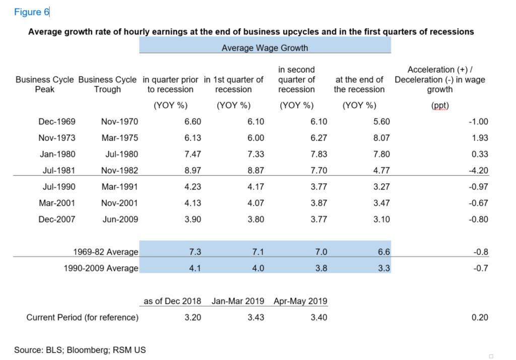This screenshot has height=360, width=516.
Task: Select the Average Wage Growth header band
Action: tap(265, 48)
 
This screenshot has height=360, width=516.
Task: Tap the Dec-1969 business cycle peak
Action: tap(57, 122)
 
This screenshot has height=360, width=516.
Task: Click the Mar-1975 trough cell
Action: tap(120, 138)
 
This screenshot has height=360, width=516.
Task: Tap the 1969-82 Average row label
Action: tap(105, 252)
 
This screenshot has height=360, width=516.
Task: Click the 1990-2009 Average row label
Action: tap(101, 268)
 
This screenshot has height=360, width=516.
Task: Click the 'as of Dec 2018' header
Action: tap(172, 301)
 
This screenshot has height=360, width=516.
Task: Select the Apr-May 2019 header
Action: tap(300, 301)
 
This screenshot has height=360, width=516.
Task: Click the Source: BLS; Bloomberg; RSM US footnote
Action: tap(80, 350)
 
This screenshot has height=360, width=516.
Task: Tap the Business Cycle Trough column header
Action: tap(107, 85)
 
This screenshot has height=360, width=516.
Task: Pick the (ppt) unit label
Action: tap(441, 106)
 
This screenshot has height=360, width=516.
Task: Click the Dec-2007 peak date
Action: tap(57, 220)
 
